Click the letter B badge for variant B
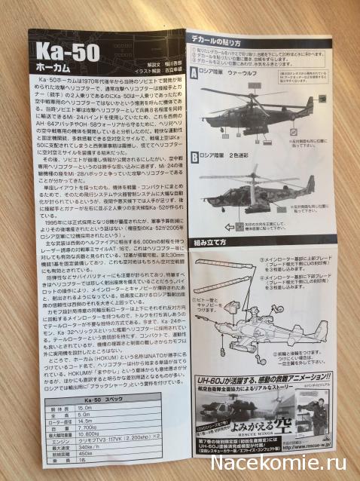coord(194,155)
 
